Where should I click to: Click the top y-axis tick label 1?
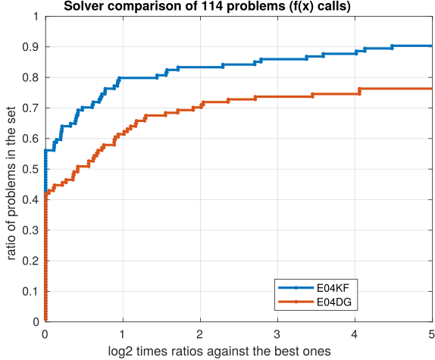click(36, 16)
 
